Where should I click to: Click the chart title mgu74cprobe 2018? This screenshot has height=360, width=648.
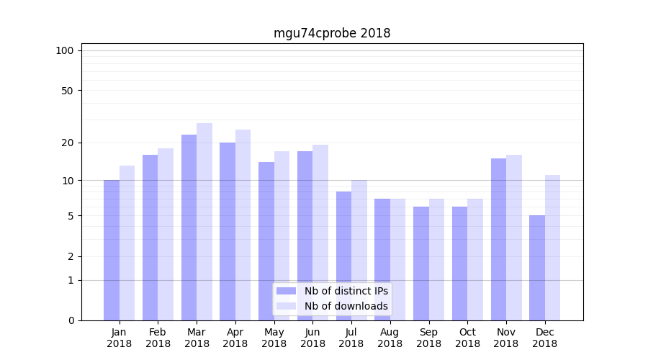332,33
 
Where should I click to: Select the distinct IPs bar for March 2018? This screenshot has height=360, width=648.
189,228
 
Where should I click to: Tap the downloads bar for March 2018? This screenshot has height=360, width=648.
204,222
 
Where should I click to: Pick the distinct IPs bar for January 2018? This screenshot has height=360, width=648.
112,250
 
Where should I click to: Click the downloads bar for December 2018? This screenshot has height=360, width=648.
552,248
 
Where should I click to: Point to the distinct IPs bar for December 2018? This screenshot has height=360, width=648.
537,268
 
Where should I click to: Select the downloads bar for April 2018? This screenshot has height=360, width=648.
243,225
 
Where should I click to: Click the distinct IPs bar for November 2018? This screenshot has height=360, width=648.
498,239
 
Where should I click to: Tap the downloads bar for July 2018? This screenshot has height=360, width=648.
359,250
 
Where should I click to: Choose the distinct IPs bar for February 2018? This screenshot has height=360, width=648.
150,238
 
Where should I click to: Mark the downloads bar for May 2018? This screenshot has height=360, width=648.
282,235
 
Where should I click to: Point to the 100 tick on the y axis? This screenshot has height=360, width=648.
65,50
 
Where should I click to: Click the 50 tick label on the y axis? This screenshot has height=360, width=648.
68,91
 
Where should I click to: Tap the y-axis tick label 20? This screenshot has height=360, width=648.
68,143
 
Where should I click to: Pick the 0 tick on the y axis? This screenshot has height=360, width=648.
71,320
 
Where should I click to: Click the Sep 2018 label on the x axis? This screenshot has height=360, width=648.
428,338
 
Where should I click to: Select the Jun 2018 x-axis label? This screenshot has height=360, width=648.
312,338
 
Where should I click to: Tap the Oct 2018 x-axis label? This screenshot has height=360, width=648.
467,338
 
